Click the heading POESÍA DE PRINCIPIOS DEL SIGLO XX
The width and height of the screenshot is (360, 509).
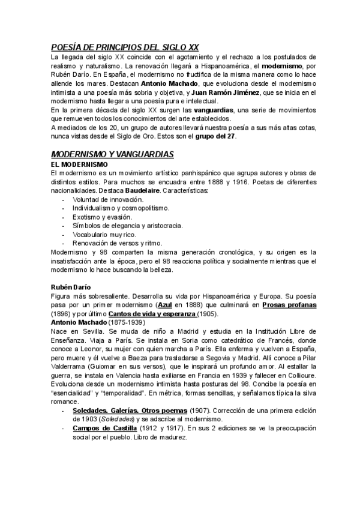coord(125,47)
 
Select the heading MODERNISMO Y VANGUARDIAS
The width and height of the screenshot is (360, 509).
coord(112,154)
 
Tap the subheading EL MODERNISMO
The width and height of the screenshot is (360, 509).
coord(79,164)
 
